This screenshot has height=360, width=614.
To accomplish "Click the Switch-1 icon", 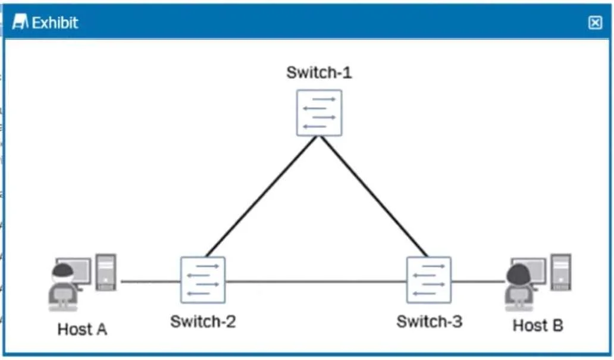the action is (x=319, y=113).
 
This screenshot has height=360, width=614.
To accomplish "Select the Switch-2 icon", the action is (x=203, y=280).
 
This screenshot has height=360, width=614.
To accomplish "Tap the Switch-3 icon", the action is (x=429, y=280).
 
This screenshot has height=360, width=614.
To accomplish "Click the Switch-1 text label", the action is (x=319, y=73).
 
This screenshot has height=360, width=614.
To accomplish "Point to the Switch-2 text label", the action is (x=203, y=321).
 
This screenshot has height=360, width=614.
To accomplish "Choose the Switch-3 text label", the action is (x=430, y=321).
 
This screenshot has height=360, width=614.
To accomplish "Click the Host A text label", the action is (x=82, y=330).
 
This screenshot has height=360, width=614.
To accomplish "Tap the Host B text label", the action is (x=538, y=325).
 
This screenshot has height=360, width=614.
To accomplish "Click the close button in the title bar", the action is (x=595, y=23).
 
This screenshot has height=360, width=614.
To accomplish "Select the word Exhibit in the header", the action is (x=55, y=23).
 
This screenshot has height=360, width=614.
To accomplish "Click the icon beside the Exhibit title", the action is (x=20, y=22).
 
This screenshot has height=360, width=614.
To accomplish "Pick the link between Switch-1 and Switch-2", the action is (x=261, y=196).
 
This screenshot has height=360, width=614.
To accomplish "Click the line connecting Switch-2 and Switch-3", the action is (x=315, y=281).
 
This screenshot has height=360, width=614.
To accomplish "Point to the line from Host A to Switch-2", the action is (x=151, y=281).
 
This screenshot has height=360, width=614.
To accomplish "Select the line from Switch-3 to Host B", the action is (x=478, y=281).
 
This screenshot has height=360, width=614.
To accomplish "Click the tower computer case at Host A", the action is (x=106, y=273).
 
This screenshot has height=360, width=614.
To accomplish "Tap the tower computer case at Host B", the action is (x=560, y=273).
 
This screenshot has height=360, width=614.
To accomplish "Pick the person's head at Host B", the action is (x=518, y=274).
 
